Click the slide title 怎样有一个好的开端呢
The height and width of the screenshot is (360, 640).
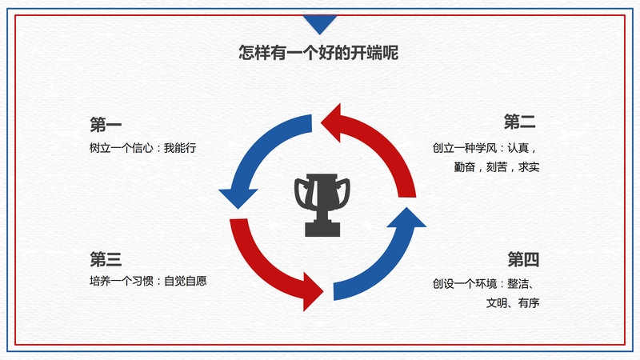click(318, 53)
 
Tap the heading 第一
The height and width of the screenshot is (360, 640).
click(106, 125)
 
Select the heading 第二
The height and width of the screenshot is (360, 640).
click(519, 122)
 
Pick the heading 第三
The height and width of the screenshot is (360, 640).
click(106, 259)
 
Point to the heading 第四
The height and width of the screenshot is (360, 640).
click(523, 259)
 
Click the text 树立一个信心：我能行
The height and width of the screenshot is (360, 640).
click(143, 148)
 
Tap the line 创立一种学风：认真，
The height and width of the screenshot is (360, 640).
click(486, 148)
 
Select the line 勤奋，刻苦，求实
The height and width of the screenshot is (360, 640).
click(496, 167)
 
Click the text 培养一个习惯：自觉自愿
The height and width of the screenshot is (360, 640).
click(148, 281)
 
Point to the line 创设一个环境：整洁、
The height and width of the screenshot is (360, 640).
click(484, 284)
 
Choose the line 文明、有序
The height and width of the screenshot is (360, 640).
click(513, 303)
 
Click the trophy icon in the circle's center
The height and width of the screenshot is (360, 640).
click(322, 206)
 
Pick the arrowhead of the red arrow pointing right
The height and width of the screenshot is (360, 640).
click(313, 292)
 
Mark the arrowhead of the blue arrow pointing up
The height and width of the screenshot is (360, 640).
click(406, 218)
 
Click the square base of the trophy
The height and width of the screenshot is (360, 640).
click(322, 230)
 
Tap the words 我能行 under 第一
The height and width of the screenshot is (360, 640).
click(180, 148)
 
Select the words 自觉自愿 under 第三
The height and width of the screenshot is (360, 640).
click(186, 281)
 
